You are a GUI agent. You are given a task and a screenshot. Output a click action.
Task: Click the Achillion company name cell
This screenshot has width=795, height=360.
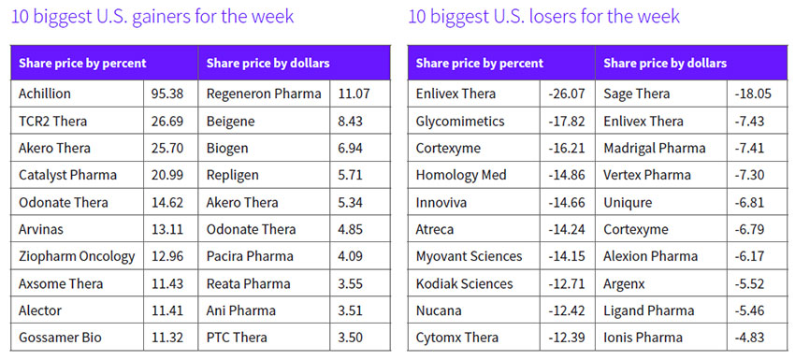[x=45, y=94]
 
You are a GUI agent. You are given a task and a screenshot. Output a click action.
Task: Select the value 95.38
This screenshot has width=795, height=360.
[x=166, y=94]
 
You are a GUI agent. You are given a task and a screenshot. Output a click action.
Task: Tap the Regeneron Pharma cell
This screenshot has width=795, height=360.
[x=264, y=94]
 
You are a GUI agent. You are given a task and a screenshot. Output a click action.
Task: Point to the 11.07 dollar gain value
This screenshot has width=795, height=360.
[x=354, y=94]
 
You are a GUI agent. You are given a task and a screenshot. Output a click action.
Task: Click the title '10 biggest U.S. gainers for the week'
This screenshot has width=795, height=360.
[x=152, y=16]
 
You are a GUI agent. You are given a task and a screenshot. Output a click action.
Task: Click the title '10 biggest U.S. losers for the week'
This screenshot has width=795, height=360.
[x=543, y=16]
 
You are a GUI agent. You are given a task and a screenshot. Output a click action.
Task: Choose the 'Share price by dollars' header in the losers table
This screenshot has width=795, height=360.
[x=665, y=64]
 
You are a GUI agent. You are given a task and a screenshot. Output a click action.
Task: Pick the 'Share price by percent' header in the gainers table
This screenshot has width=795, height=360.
[x=82, y=64]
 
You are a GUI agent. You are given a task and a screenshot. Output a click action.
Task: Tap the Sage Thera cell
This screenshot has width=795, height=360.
[x=636, y=94]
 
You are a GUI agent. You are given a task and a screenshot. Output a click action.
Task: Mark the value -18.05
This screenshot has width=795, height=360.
[x=753, y=94]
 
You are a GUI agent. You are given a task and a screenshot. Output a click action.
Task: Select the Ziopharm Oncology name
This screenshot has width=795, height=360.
[x=77, y=256]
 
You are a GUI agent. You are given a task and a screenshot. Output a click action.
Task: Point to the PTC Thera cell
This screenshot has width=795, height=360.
[x=237, y=338]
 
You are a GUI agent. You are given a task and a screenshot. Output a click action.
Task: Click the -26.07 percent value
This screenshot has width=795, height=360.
[x=567, y=94]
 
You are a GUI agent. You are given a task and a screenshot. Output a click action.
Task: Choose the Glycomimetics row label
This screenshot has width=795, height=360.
[x=460, y=122]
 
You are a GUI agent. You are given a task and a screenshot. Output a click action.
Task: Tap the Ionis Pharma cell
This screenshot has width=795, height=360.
[x=643, y=338]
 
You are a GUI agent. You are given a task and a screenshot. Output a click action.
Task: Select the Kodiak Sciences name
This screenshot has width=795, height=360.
[x=465, y=283]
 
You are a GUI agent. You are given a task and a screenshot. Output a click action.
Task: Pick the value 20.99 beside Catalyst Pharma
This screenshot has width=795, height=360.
[x=166, y=175]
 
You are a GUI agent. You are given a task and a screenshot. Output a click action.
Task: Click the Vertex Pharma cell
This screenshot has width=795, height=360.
[x=647, y=175]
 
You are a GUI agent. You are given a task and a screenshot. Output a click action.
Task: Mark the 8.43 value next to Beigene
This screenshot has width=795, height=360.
[x=351, y=122]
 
